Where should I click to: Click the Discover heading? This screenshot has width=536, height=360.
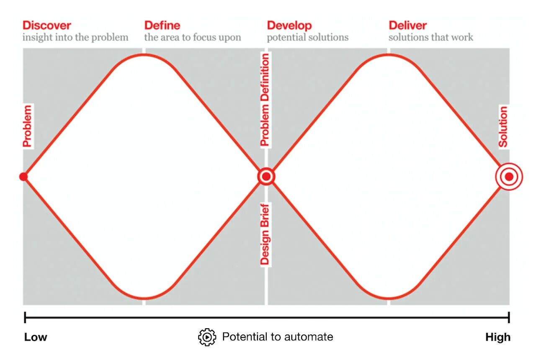pyautogui.click(x=47, y=26)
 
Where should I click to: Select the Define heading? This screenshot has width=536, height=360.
pyautogui.click(x=162, y=26)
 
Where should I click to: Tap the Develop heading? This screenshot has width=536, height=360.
pyautogui.click(x=289, y=26)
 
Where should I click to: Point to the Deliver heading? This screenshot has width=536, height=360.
pyautogui.click(x=407, y=26)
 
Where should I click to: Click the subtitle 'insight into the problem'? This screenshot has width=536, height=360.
pyautogui.click(x=75, y=37)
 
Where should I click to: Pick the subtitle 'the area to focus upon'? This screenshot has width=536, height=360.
pyautogui.click(x=193, y=37)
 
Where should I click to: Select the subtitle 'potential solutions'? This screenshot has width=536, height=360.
pyautogui.click(x=308, y=37)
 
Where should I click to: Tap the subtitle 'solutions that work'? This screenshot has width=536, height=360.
pyautogui.click(x=431, y=37)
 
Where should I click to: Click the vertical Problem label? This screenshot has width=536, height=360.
pyautogui.click(x=27, y=126)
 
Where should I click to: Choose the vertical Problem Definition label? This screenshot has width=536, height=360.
pyautogui.click(x=265, y=100)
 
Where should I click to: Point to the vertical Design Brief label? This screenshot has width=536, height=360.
pyautogui.click(x=265, y=234)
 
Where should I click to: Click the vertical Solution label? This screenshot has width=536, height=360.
pyautogui.click(x=503, y=126)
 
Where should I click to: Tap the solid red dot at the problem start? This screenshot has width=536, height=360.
pyautogui.click(x=23, y=177)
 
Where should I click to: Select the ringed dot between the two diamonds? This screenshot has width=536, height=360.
pyautogui.click(x=266, y=177)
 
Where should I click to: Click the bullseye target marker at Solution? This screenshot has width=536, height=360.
pyautogui.click(x=509, y=177)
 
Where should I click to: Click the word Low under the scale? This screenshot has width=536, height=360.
pyautogui.click(x=36, y=337)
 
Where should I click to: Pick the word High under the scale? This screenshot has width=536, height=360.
pyautogui.click(x=498, y=337)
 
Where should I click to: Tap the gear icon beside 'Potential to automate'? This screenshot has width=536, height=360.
pyautogui.click(x=207, y=337)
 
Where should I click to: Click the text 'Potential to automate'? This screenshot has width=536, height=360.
pyautogui.click(x=278, y=337)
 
